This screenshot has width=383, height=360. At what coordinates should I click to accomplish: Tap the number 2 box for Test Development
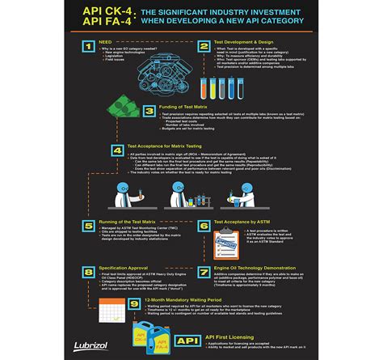click(x=204, y=48)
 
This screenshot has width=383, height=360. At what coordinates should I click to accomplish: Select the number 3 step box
click(x=148, y=111)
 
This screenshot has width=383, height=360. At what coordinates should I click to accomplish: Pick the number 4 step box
click(x=117, y=150)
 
